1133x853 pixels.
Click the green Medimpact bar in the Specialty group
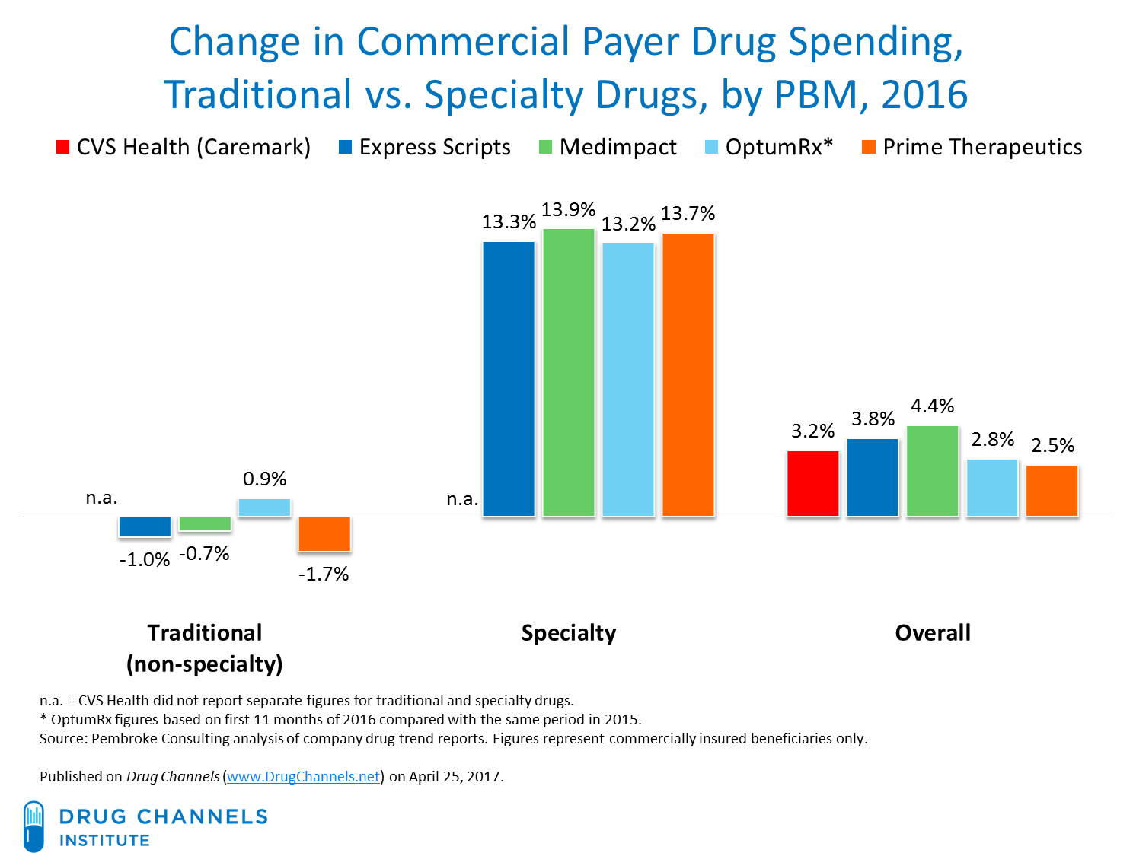[x=568, y=373]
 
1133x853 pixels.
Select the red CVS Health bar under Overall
[x=812, y=483]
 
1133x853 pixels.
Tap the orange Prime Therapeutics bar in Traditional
[x=324, y=533]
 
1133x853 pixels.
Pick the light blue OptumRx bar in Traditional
[x=264, y=508]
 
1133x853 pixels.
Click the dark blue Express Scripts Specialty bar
[x=509, y=379]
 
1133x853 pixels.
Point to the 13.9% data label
[x=568, y=209]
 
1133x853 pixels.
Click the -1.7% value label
[x=323, y=574]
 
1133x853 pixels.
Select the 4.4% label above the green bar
[x=932, y=406]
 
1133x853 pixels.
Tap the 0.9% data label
[x=264, y=479]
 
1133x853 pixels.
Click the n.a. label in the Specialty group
[x=461, y=499]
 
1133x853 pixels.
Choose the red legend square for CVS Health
[x=63, y=147]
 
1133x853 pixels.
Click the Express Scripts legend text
[x=435, y=147]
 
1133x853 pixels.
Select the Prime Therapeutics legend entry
[x=982, y=147]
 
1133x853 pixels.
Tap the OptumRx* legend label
[x=779, y=147]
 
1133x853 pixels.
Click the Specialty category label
[x=568, y=632]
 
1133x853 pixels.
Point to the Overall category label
[x=932, y=632]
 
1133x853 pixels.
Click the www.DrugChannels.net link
[x=303, y=777]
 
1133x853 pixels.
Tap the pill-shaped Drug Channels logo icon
[x=34, y=826]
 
